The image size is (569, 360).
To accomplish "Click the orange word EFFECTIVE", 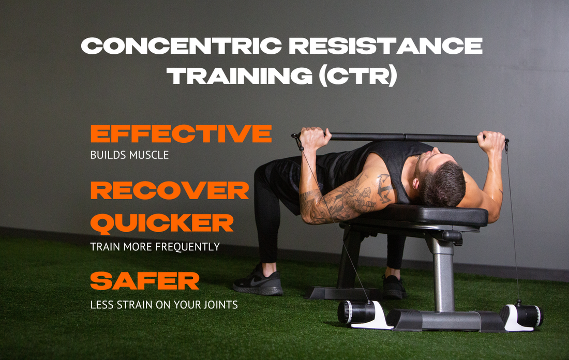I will click(181, 134).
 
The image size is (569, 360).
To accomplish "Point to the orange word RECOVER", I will click(170, 191).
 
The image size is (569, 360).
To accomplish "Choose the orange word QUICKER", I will click(162, 223).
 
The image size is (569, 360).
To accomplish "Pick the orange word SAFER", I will click(145, 281).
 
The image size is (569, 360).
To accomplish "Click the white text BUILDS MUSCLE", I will click(129, 155).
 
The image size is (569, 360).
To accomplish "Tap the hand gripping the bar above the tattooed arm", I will click(315, 138).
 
